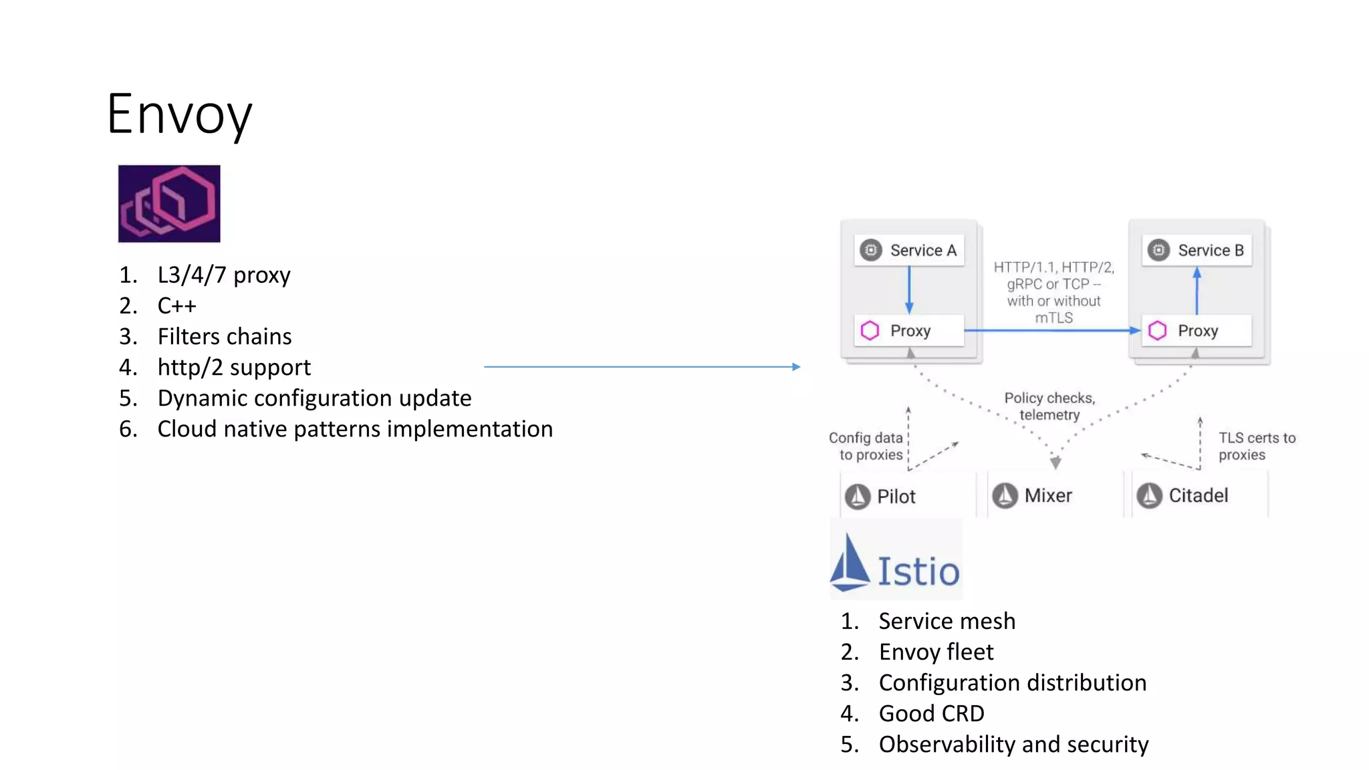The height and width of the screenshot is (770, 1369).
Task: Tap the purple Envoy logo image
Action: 169,203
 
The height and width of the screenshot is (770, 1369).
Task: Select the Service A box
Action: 909,251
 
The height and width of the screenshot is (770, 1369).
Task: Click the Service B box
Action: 1197,251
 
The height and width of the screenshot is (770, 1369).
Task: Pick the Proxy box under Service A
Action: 909,331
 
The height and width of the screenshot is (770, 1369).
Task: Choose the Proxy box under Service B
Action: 1197,331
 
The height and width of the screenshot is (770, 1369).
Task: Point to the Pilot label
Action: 896,497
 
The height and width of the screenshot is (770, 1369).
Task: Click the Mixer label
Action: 1047,496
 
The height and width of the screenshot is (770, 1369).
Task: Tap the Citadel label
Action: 1198,496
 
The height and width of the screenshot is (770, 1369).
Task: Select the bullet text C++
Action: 177,306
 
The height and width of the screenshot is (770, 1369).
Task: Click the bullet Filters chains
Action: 225,337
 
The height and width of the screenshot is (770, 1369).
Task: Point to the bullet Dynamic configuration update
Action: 314,398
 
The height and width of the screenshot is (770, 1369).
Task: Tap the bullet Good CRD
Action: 931,714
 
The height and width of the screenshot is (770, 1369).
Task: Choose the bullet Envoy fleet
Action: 936,652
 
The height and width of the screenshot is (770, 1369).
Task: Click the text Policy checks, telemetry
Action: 1049,406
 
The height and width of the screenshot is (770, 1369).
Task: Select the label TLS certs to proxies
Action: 1256,446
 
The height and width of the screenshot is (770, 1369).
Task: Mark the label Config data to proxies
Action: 866,446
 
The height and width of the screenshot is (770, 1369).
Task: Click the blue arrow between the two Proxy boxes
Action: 1052,330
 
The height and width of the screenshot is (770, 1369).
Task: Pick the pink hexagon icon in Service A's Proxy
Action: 870,331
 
